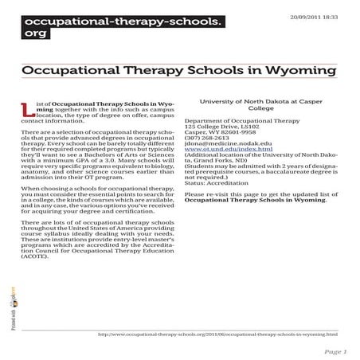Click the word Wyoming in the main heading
(300, 71)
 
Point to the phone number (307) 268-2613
(205, 135)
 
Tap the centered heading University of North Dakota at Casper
(260, 101)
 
